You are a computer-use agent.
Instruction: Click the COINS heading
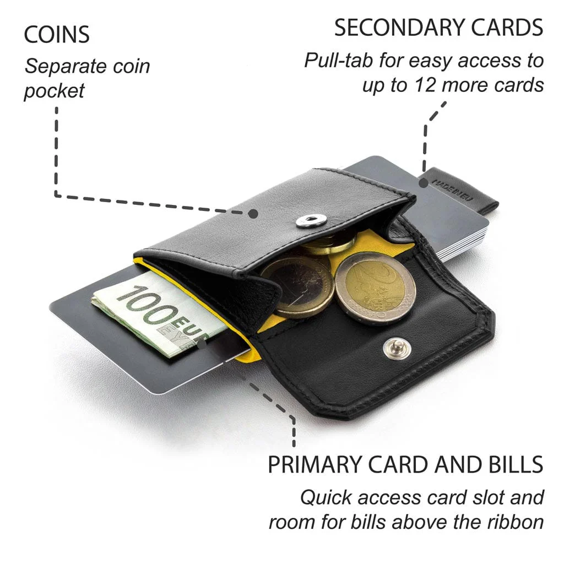[57, 35]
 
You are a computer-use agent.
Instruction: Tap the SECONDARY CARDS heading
[438, 28]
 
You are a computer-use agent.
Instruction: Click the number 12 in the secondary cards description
[426, 85]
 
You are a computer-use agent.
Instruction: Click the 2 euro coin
[376, 288]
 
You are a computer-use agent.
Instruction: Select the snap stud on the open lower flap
[397, 348]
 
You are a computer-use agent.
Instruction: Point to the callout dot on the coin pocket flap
[253, 214]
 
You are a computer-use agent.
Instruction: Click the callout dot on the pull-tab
[424, 183]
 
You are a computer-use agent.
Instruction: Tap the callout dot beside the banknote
[202, 344]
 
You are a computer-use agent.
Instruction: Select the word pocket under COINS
[55, 91]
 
